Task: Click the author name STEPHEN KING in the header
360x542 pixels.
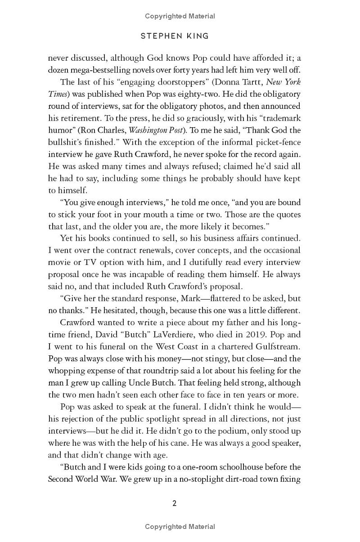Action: tap(175, 36)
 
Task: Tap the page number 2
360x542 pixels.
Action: tap(175, 503)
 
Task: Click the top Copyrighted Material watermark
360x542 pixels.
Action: tap(180, 16)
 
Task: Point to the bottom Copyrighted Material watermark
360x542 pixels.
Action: tap(180, 527)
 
